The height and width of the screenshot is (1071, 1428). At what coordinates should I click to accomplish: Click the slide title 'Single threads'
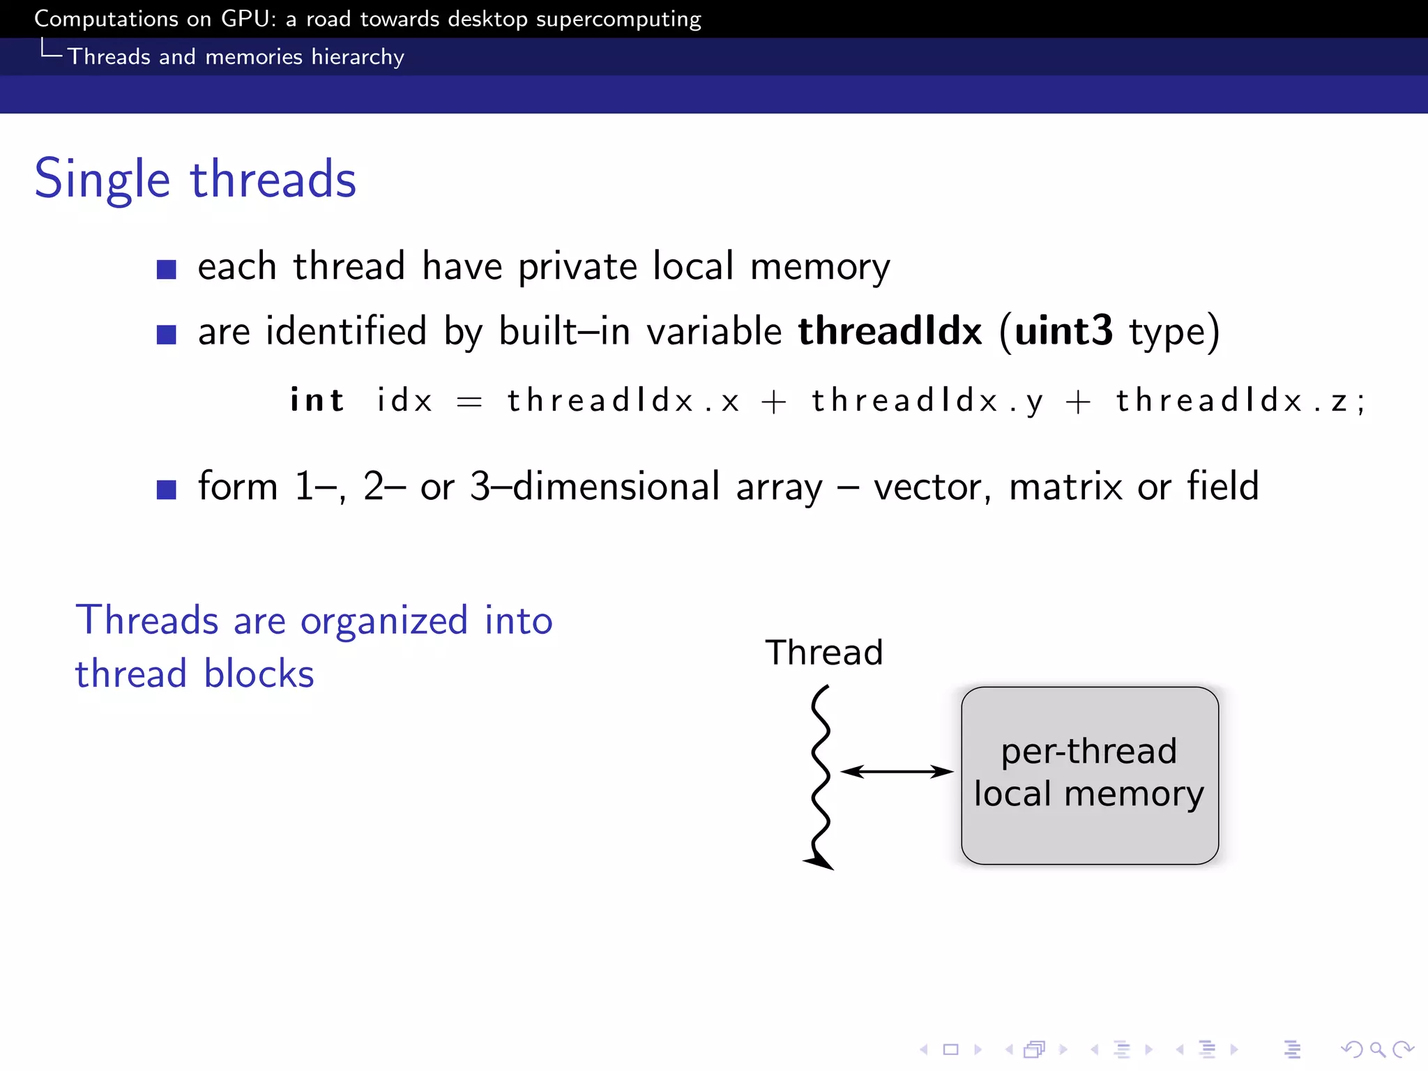click(195, 179)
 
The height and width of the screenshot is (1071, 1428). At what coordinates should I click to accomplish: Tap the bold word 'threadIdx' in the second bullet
click(890, 331)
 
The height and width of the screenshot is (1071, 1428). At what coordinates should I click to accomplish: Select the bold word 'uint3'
click(1063, 331)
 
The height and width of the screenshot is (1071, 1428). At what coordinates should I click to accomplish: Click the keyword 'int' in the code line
click(317, 400)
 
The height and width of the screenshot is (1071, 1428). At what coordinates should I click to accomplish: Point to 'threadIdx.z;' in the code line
click(1239, 401)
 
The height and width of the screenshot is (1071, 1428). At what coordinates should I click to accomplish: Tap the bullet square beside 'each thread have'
click(166, 269)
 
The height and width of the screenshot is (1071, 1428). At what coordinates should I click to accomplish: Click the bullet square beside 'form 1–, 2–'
click(166, 489)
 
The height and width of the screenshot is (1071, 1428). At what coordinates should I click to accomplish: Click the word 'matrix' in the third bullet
click(1065, 487)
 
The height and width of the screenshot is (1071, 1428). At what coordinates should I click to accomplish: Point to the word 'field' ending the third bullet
click(1223, 486)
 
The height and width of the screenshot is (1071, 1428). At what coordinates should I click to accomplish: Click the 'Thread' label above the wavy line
click(823, 653)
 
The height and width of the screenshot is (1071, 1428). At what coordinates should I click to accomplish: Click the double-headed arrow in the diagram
click(897, 771)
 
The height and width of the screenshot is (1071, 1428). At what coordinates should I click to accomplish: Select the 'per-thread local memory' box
click(1089, 775)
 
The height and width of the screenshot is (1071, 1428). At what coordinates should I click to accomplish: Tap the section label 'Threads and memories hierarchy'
click(236, 56)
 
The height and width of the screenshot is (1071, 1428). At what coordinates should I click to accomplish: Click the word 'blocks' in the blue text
click(259, 674)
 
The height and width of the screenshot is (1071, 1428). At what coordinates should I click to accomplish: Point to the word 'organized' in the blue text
click(383, 621)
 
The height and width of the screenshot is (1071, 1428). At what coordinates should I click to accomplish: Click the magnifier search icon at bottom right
click(1377, 1049)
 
